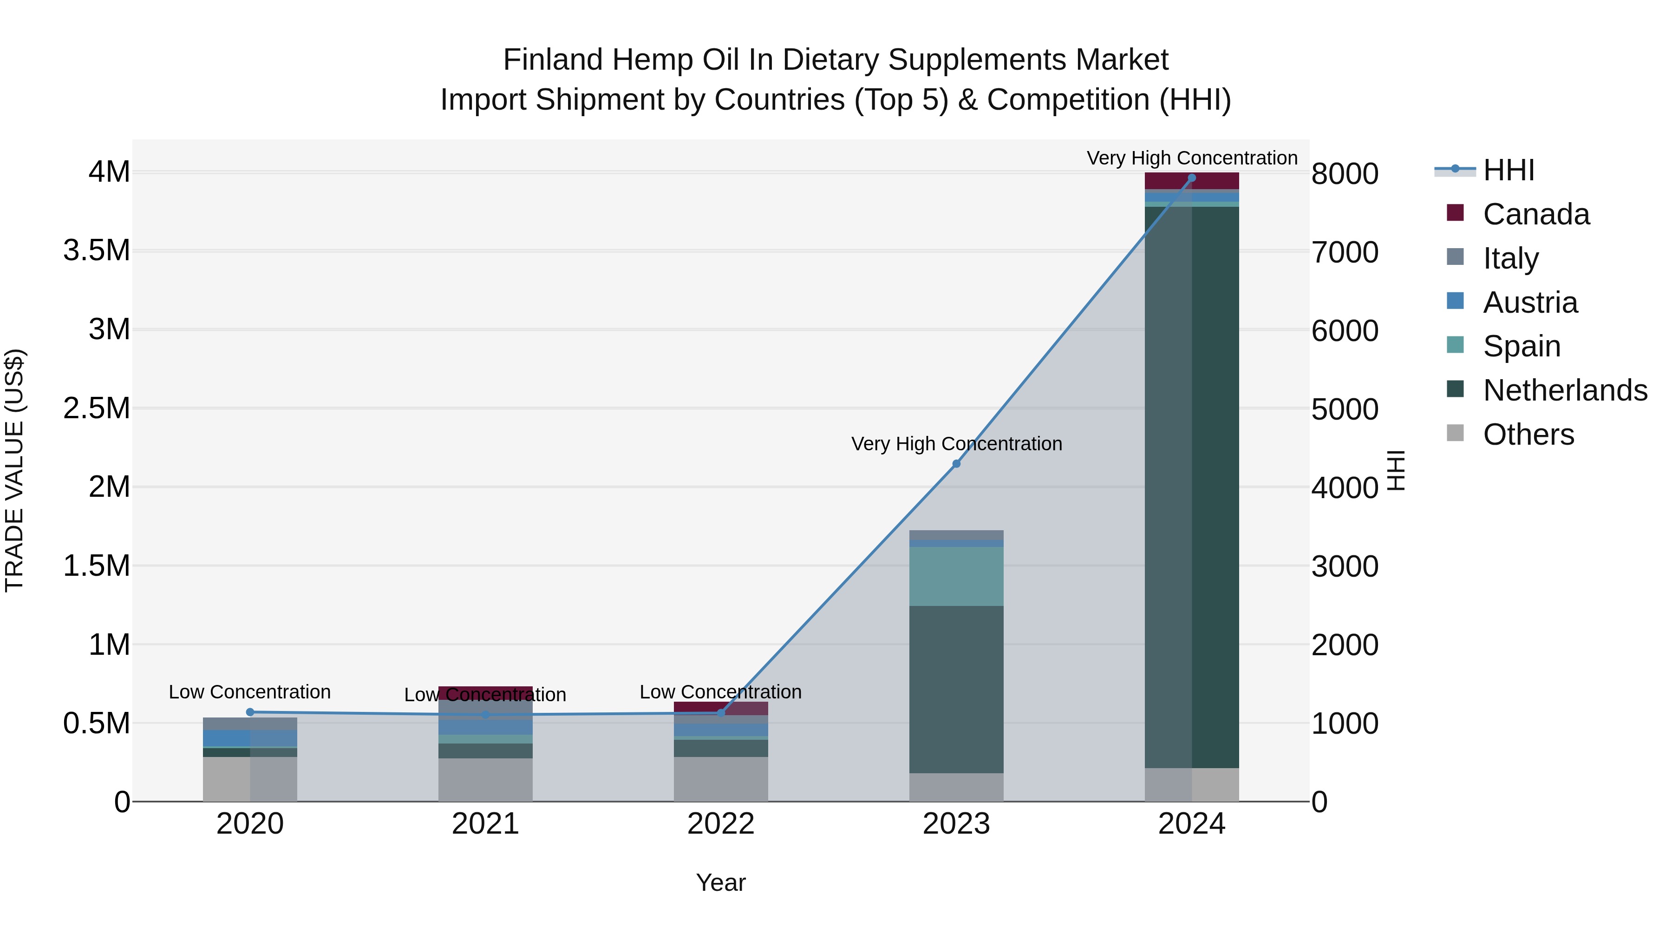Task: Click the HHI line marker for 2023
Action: coord(956,464)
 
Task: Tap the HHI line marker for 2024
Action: coord(1192,178)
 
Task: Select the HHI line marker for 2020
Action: coord(250,712)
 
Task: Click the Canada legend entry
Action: coord(1536,214)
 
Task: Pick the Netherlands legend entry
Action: coord(1565,390)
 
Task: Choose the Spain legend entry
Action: coord(1522,346)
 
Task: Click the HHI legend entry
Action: coord(1509,170)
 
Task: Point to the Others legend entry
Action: coord(1528,434)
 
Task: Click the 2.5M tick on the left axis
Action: coord(97,408)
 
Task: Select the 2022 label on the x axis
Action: coord(720,824)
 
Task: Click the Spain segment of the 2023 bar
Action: coord(956,576)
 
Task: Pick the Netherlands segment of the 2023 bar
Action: coord(956,688)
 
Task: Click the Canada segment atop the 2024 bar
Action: coord(1192,181)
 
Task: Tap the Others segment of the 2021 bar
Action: coord(485,779)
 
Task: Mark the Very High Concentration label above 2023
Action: coord(956,444)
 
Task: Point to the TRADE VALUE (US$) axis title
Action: coord(14,470)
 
